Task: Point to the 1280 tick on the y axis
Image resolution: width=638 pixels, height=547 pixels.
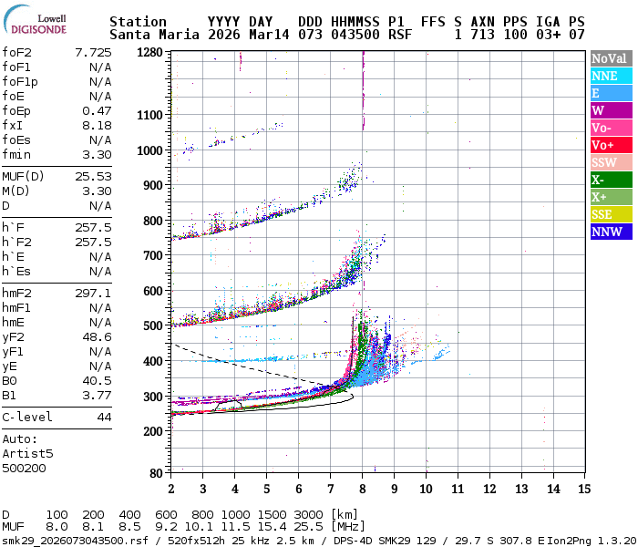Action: tap(150, 53)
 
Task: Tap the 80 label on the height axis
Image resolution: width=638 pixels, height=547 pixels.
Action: tap(156, 472)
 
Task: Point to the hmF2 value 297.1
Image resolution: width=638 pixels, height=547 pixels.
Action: tap(92, 294)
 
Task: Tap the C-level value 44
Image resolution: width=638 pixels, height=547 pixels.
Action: tap(104, 417)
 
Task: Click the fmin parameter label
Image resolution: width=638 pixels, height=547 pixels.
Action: tap(16, 154)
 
